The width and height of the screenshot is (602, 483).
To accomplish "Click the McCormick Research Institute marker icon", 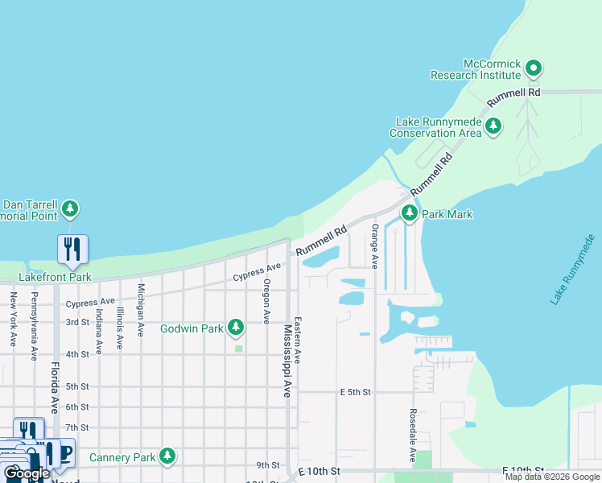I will [533, 69].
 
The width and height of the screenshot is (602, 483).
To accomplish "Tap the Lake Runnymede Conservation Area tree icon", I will [493, 126].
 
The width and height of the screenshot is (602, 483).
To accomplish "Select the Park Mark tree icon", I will [410, 213].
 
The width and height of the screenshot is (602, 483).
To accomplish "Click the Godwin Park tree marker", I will [236, 327].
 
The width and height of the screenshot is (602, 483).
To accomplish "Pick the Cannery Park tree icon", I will [167, 457].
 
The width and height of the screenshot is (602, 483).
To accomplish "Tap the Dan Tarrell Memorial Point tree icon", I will [70, 209].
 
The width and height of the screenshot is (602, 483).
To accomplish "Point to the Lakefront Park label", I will [56, 277].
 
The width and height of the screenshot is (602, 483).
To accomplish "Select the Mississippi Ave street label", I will [287, 361].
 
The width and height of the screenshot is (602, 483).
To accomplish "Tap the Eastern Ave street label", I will [297, 339].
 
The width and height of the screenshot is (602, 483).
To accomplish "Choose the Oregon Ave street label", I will [266, 301].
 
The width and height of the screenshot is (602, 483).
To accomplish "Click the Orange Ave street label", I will [374, 246].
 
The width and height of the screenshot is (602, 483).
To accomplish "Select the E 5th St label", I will [356, 392].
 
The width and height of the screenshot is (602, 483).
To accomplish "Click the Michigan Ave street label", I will [141, 309].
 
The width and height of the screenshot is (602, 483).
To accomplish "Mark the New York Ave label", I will [14, 319].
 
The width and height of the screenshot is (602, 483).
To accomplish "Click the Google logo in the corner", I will [27, 473].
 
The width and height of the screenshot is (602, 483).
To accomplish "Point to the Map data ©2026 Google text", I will [552, 477].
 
